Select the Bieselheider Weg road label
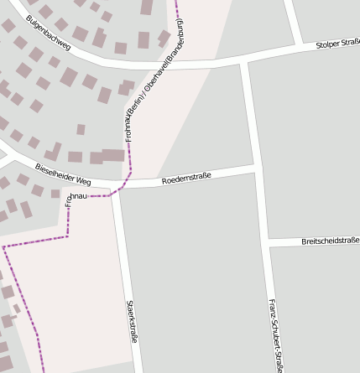[63, 174]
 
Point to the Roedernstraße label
[185, 178]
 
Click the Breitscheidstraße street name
[330, 241]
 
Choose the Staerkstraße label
[132, 322]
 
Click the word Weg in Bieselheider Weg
[82, 179]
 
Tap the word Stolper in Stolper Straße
[327, 45]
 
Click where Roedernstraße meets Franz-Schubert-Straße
[253, 169]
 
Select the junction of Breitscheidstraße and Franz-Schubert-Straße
[267, 244]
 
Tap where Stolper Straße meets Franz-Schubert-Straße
[243, 60]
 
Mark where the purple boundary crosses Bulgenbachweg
[178, 65]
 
